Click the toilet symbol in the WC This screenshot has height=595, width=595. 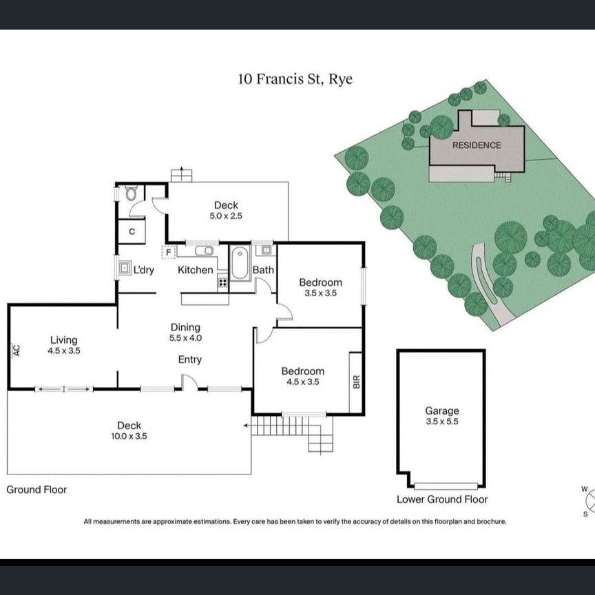click(131, 193)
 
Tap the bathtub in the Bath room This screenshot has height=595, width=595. click(240, 263)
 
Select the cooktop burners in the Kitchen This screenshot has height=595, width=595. click(222, 282)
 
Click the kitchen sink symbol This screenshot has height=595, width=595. click(204, 251)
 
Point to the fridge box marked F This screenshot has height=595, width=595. click(168, 252)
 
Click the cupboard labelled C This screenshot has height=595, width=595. click(132, 231)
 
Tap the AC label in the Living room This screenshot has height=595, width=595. click(16, 350)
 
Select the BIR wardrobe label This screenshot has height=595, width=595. click(356, 382)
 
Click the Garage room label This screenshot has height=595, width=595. click(442, 410)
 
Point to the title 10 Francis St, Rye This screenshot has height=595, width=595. click(295, 79)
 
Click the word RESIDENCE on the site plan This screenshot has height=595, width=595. click(477, 145)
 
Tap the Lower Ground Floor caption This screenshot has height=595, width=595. click(442, 499)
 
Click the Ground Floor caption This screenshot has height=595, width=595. click(36, 490)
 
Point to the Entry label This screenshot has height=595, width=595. click(190, 359)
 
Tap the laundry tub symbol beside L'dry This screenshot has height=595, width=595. click(125, 269)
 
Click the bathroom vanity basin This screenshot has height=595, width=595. click(266, 250)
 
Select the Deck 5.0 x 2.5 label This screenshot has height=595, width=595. click(226, 210)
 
